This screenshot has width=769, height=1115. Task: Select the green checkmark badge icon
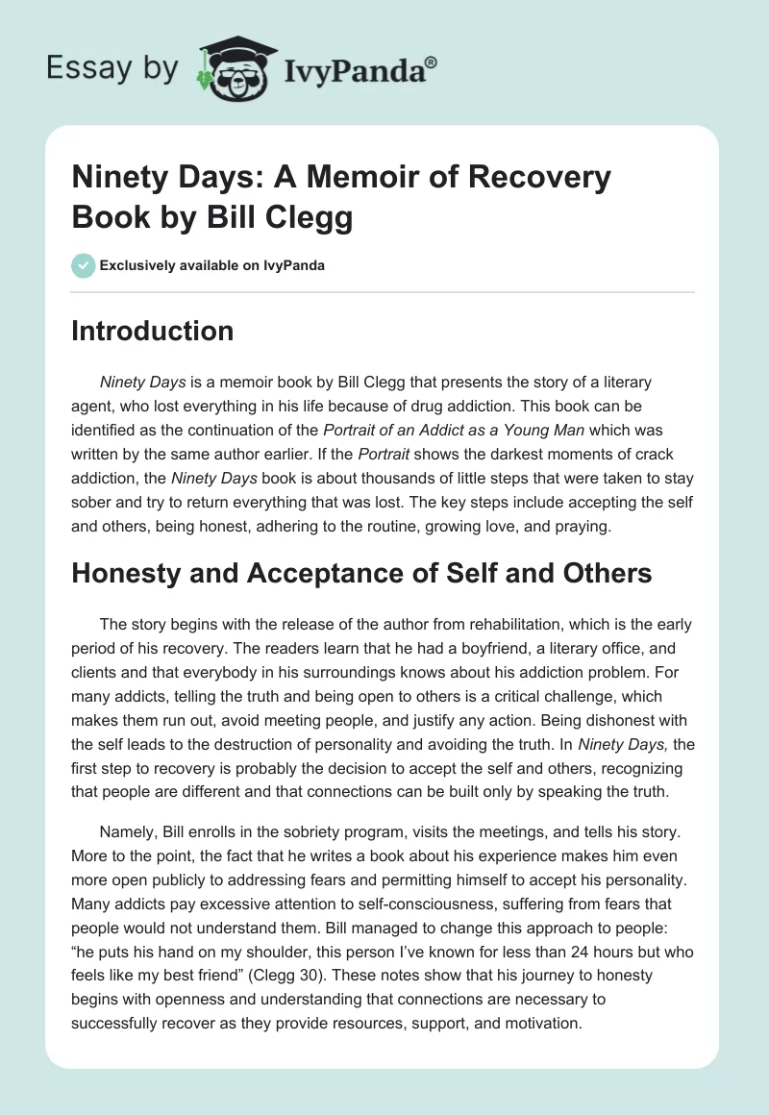coord(83,265)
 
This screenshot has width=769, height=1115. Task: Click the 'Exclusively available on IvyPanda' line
coord(212,265)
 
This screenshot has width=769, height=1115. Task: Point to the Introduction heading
coord(152,332)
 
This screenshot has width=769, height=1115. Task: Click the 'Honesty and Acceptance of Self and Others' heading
coord(361,574)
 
